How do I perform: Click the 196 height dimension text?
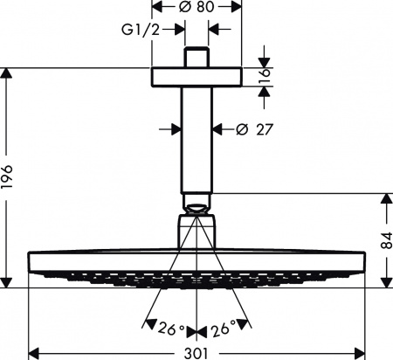point(10,178)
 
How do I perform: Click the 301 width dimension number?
point(196,353)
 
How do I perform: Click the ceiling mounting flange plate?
point(196,74)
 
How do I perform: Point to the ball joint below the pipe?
point(196,208)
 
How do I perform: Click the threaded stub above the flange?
point(196,56)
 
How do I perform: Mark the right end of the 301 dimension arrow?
point(361,353)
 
